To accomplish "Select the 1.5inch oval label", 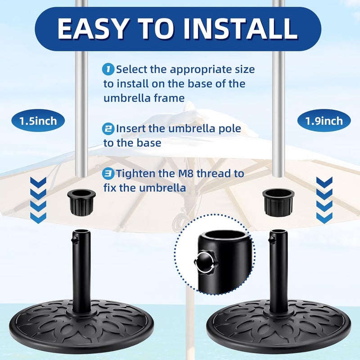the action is click(38, 121).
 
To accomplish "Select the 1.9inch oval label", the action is click(324, 121).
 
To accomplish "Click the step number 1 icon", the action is click(108, 69).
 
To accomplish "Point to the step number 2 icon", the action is click(108, 129).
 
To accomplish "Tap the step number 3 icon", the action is click(108, 174).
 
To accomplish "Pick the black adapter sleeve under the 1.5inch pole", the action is click(81, 202).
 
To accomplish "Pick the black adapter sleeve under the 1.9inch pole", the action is click(278, 202).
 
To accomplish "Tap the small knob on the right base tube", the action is click(271, 240).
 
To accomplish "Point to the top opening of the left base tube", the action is click(81, 231).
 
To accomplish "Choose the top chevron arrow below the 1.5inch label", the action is click(38, 183).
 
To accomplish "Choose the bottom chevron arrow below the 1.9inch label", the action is click(324, 218).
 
